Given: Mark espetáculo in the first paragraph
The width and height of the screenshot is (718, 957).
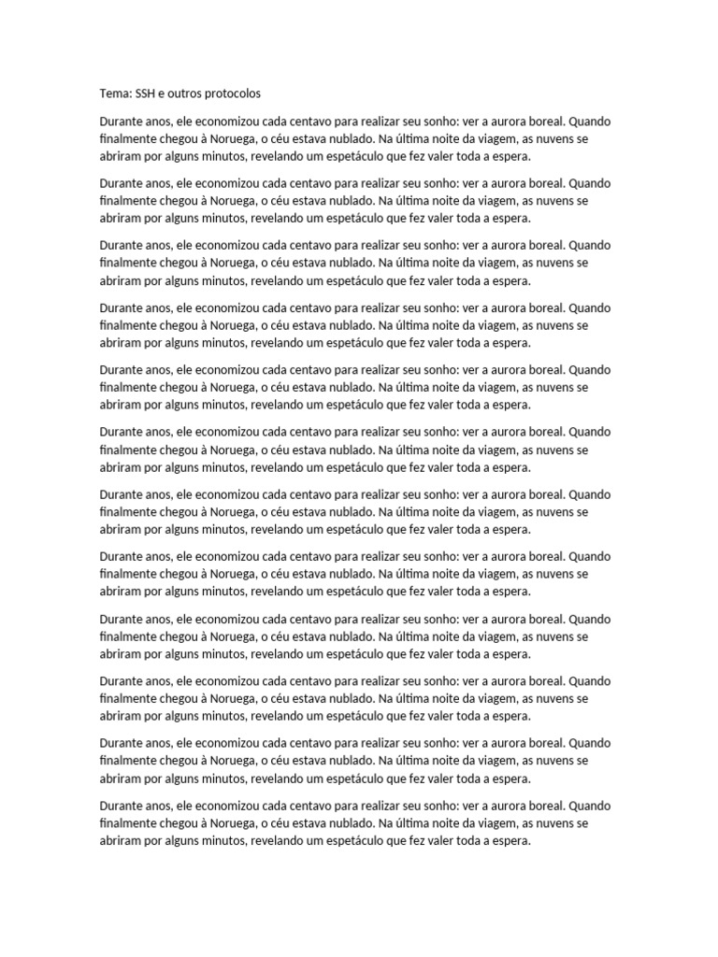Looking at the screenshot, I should click(349, 156).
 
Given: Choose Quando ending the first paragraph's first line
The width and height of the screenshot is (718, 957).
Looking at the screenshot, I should click(589, 121).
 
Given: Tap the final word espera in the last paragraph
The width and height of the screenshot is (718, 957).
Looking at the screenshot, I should click(511, 841).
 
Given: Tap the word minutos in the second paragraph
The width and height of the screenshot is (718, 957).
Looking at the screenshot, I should click(225, 218).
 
